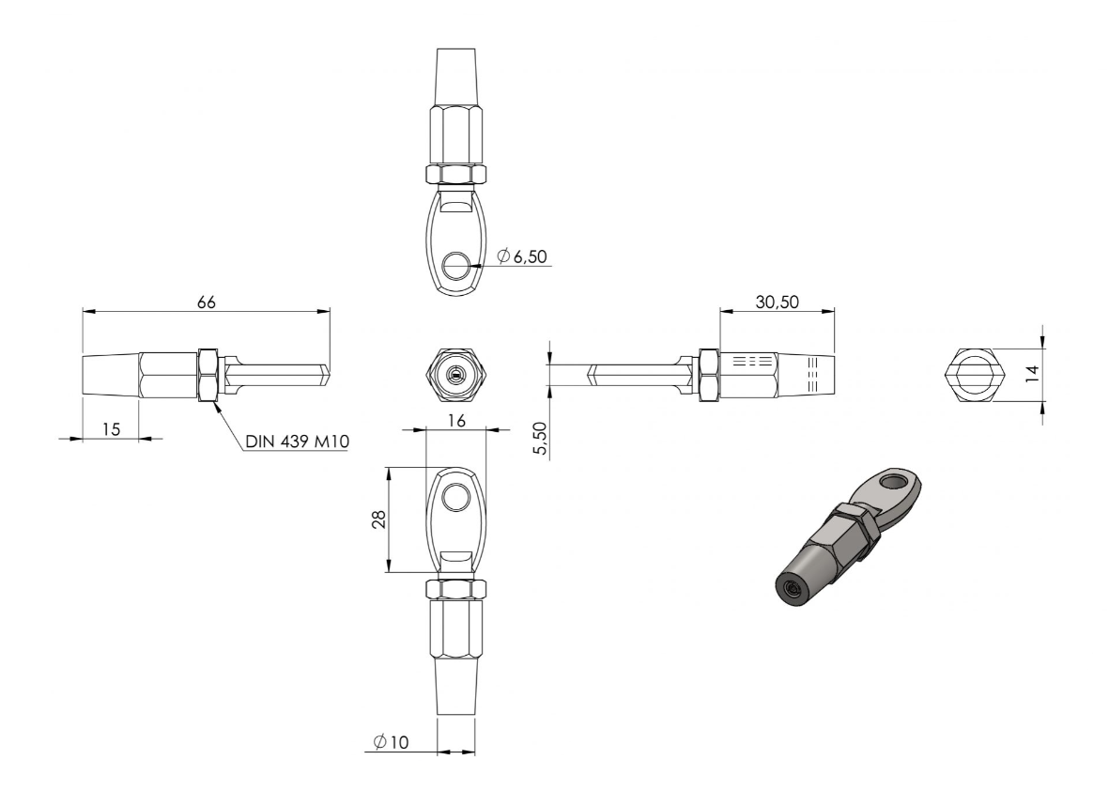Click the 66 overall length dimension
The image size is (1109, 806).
[x=206, y=302]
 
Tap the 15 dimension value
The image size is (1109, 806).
[x=111, y=428]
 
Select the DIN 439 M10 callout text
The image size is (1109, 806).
[x=297, y=442]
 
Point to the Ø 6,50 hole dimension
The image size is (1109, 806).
[x=522, y=256]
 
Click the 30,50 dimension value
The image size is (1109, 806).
[x=778, y=302]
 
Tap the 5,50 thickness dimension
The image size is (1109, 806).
[x=540, y=439]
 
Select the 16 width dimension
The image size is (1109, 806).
[x=457, y=421]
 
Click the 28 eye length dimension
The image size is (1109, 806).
[x=379, y=519]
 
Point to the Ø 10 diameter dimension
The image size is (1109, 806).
[x=392, y=742]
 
